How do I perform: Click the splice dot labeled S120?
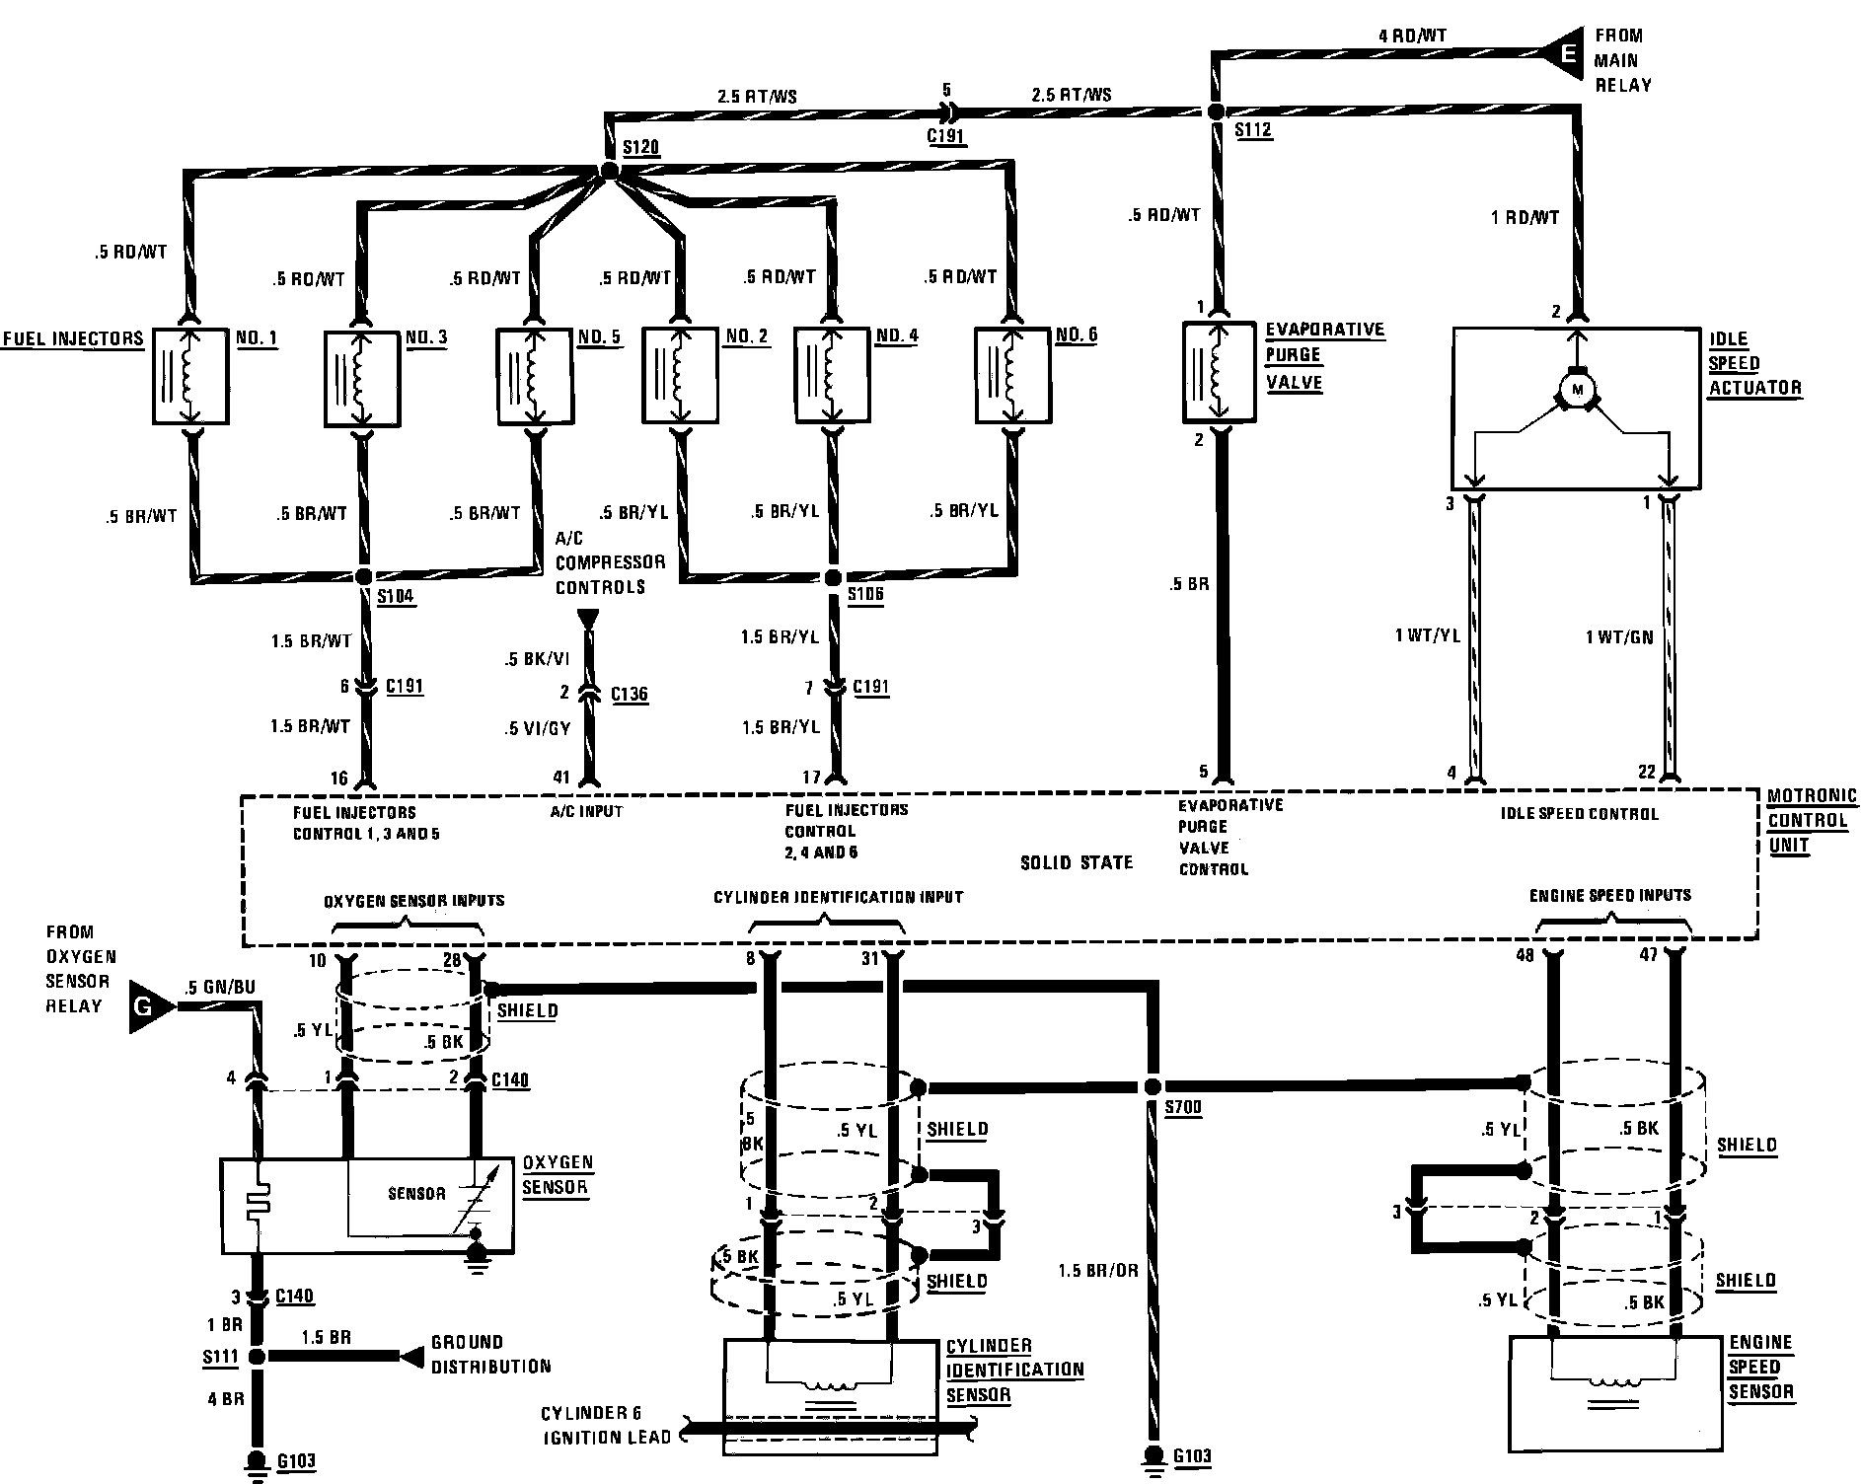tap(609, 172)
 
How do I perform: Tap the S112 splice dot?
tap(1217, 111)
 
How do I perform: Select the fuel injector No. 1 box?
tap(190, 376)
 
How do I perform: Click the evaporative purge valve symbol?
tap(1219, 372)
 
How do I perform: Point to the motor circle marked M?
tap(1576, 389)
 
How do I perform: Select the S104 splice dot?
tap(364, 576)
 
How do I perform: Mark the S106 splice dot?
tap(833, 577)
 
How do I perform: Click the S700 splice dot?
tap(1152, 1086)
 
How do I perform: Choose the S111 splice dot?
tap(257, 1357)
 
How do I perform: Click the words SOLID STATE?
tap(1077, 862)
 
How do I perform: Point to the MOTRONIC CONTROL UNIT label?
tap(1812, 820)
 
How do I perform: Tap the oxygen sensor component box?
tap(366, 1206)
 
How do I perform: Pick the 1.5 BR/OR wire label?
tap(1098, 1270)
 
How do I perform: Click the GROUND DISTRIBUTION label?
tap(490, 1355)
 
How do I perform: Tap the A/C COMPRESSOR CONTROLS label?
tap(610, 562)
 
